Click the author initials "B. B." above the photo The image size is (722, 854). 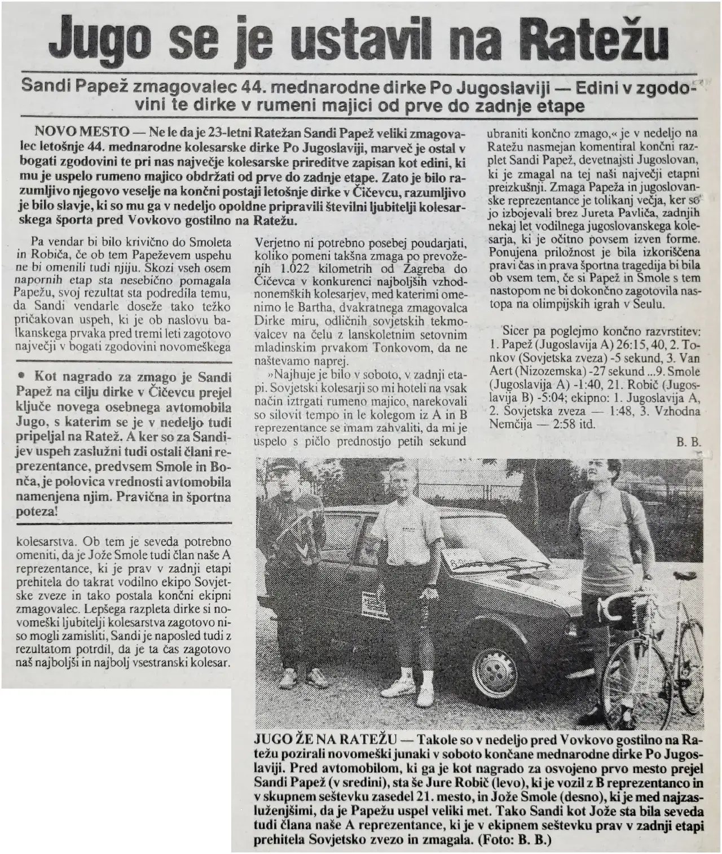688,443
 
